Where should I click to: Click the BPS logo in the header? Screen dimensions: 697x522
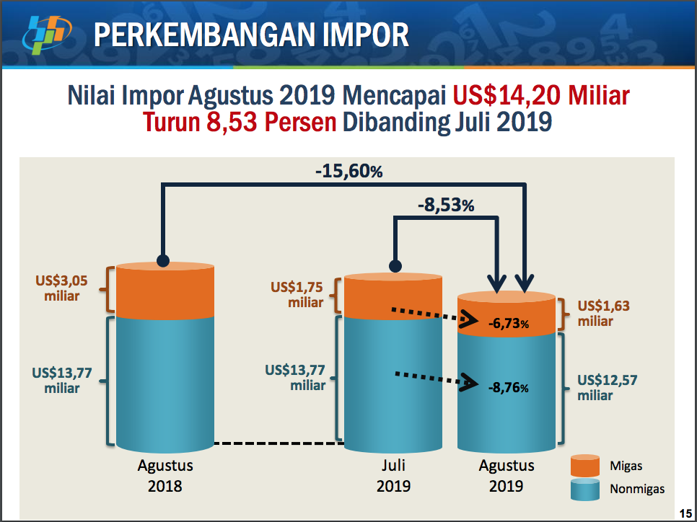click(x=47, y=35)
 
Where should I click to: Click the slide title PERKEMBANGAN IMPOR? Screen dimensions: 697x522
click(x=251, y=35)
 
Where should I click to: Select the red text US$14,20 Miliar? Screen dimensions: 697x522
click(x=541, y=95)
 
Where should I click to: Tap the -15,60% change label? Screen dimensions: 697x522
click(x=349, y=171)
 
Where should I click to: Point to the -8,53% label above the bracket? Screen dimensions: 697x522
click(x=446, y=205)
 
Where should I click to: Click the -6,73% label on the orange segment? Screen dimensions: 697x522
click(x=508, y=324)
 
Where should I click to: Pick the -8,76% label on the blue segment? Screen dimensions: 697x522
click(x=508, y=387)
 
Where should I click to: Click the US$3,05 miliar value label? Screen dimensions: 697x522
click(x=61, y=288)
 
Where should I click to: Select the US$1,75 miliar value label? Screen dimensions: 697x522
click(x=297, y=295)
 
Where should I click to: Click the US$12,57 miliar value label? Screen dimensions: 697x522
click(x=608, y=387)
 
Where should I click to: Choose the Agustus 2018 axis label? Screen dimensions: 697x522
click(x=165, y=475)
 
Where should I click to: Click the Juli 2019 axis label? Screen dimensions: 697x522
click(x=393, y=475)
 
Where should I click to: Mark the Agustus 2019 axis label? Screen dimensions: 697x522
click(x=507, y=475)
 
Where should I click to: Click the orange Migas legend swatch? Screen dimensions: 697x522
click(x=585, y=466)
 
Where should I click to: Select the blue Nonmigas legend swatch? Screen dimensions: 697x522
click(x=585, y=489)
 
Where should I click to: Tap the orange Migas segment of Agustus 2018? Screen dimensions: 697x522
click(x=165, y=291)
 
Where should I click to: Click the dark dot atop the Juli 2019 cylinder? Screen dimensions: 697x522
click(x=395, y=266)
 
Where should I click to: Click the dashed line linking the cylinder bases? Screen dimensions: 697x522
click(x=279, y=443)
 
